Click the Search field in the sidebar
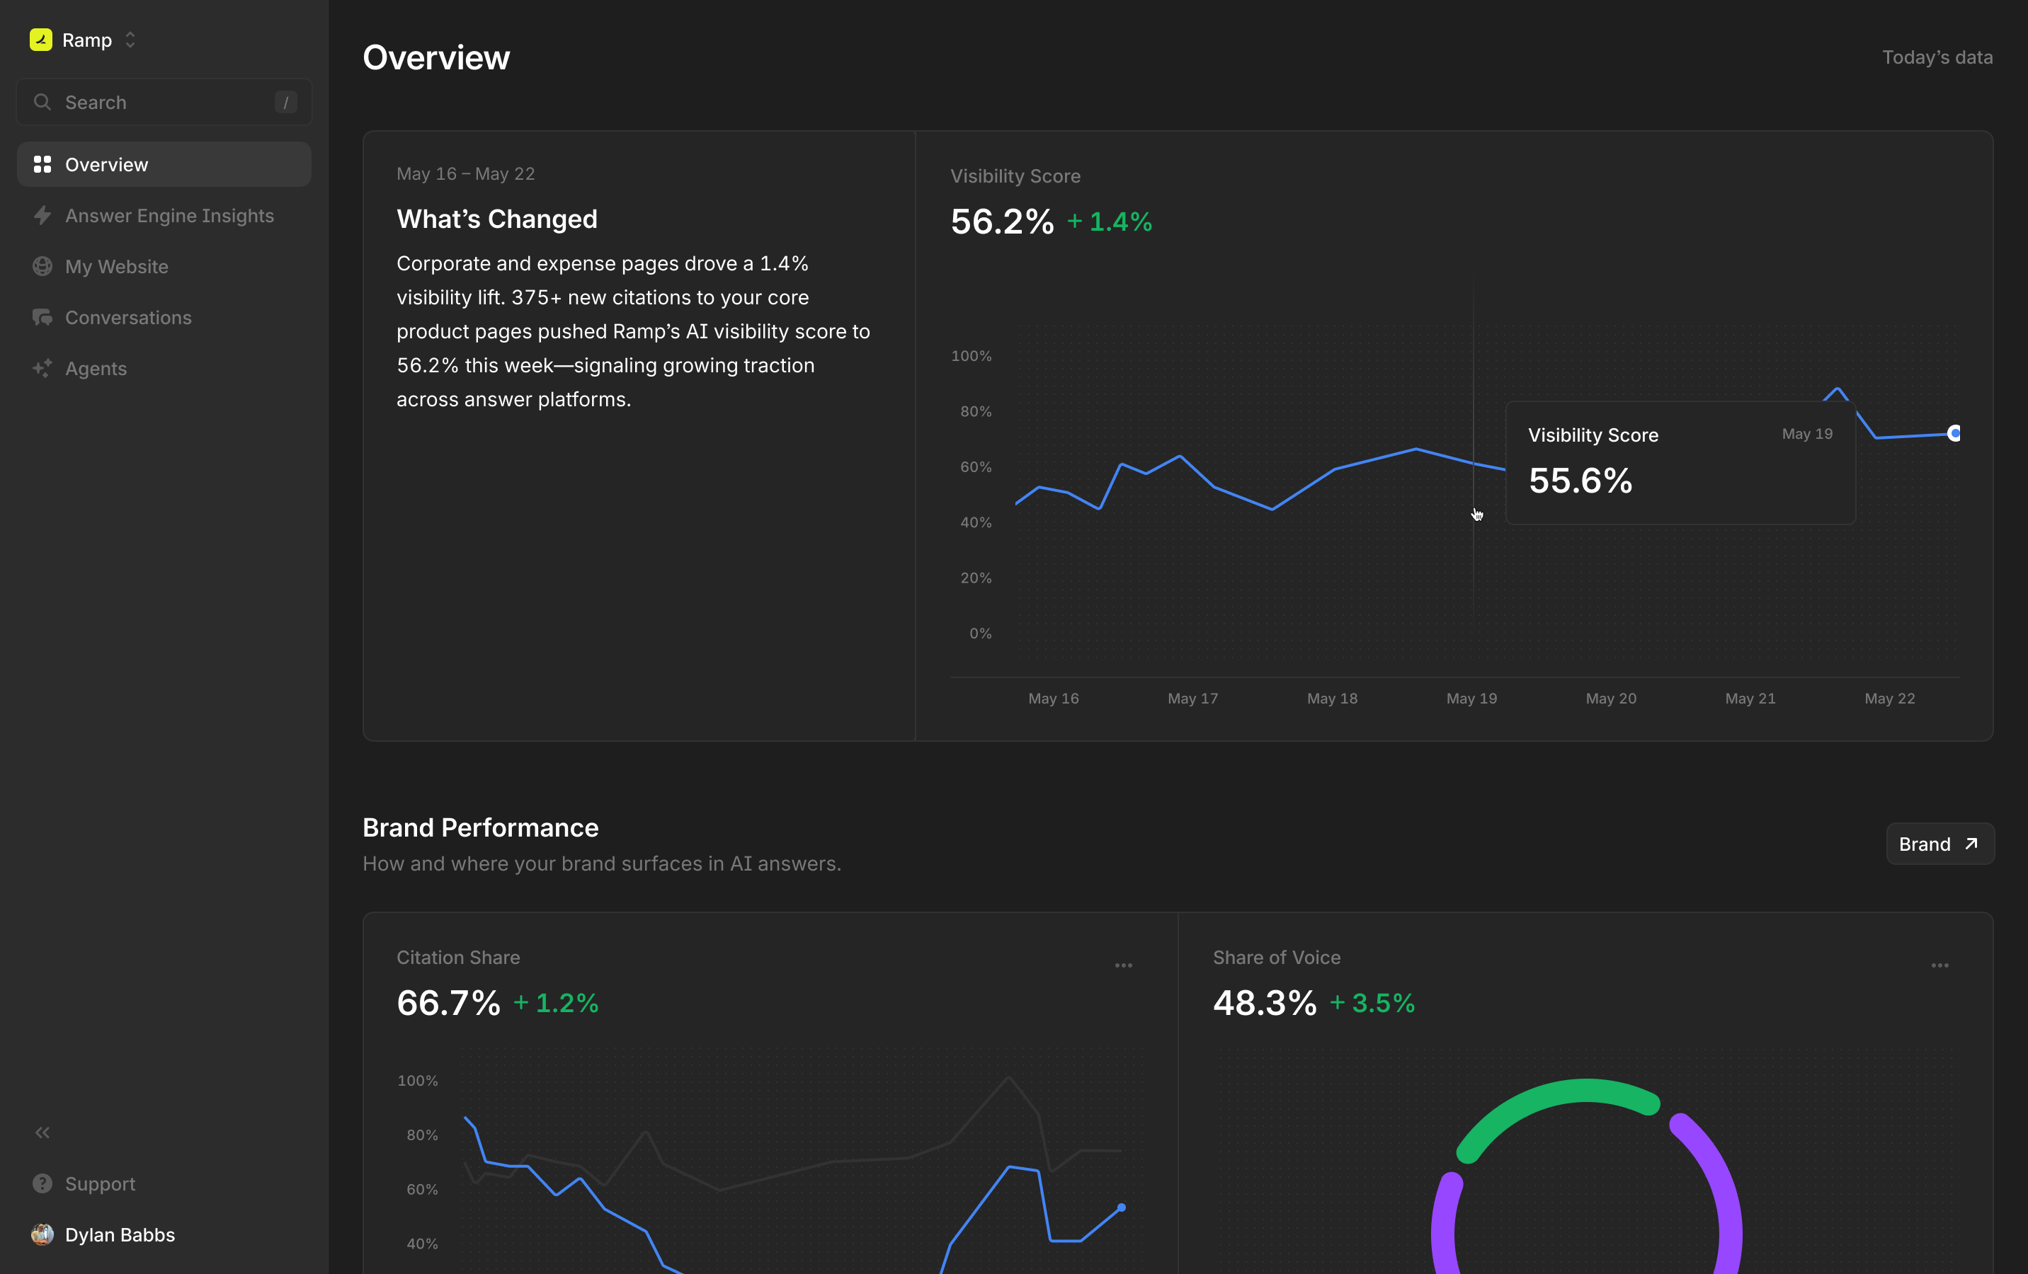164,102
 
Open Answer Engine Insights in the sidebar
169,216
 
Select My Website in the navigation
116,267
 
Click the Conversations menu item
128,318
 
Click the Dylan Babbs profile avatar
42,1234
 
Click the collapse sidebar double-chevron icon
42,1132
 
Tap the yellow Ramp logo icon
40,40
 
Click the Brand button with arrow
1939,844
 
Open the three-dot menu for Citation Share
1124,966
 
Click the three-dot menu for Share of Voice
1939,966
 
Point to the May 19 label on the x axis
1471,698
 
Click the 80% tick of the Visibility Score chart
975,412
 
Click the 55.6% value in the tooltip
1580,481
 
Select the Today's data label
1937,57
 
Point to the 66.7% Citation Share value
448,1003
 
